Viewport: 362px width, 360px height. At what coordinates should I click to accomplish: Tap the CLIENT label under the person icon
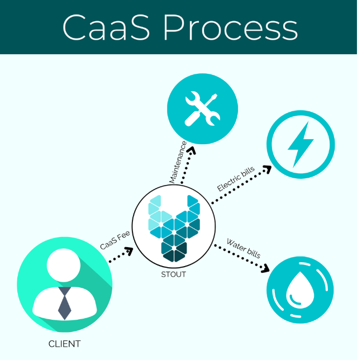tap(65, 344)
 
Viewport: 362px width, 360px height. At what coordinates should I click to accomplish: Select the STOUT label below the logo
tap(174, 274)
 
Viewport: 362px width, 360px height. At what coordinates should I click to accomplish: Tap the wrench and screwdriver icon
tap(201, 108)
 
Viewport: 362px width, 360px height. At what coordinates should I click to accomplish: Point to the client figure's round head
tap(65, 266)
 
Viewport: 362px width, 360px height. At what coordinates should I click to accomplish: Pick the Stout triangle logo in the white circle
tap(174, 228)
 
